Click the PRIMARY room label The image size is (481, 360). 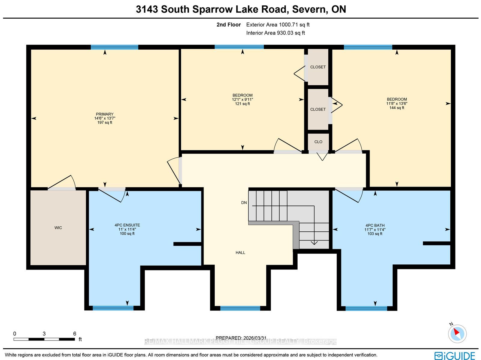(105, 114)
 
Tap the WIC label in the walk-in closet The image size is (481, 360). (58, 228)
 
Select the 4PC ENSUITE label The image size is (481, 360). (127, 225)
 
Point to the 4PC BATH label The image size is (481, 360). (375, 225)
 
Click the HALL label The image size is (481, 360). (240, 252)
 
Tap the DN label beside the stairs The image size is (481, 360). (244, 203)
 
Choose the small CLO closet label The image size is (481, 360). (318, 142)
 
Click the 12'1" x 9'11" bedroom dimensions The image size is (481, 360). (242, 99)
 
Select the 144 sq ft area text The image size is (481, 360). (397, 108)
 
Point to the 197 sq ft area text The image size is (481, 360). (105, 122)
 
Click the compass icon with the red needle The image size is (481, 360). (457, 334)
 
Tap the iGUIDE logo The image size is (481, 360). (455, 355)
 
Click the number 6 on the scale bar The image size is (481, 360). (75, 334)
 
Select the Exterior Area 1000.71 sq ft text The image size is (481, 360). (278, 25)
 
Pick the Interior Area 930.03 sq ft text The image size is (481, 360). (275, 33)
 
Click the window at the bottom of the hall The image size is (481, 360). (240, 308)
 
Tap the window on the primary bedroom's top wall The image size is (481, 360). (115, 47)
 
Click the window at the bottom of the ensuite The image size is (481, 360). (113, 308)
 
